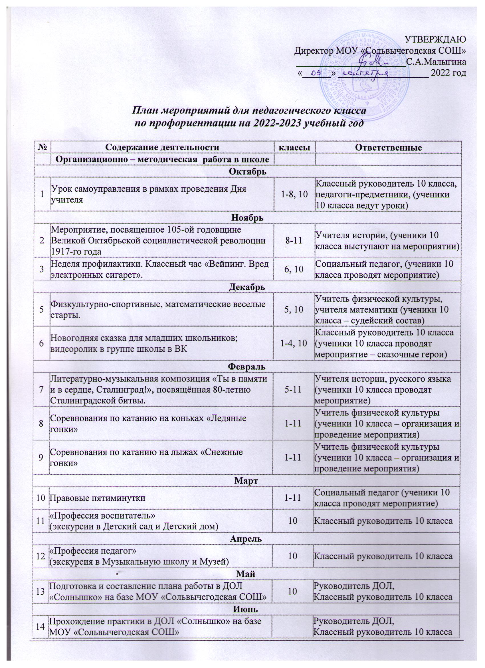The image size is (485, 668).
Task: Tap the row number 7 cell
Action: click(43, 390)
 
